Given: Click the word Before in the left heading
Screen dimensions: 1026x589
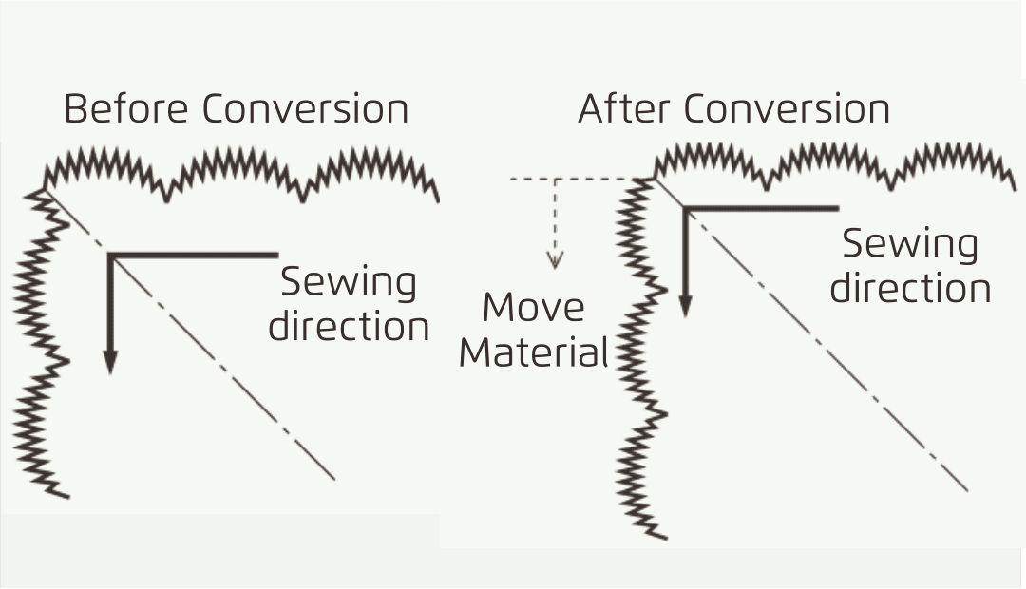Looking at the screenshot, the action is (x=125, y=108).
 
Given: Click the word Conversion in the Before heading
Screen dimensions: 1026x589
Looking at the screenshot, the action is (x=305, y=108).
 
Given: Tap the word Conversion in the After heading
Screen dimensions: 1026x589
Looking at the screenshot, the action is (x=787, y=108).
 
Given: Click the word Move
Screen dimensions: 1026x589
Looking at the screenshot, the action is (x=533, y=307).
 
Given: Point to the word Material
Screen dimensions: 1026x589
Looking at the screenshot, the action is (x=534, y=352).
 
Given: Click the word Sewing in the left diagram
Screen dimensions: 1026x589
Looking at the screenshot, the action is (x=348, y=283).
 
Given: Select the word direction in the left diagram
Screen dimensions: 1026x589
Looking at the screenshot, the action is (x=349, y=327).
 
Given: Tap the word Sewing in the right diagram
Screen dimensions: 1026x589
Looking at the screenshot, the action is (x=910, y=245).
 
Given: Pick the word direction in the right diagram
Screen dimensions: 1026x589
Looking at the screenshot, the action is (x=910, y=288).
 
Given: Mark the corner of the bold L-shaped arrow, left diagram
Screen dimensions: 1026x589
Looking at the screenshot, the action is (x=110, y=256).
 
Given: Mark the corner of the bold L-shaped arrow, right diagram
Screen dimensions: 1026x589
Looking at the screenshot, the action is (x=684, y=209).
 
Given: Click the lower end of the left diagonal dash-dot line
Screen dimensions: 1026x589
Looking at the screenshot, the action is (x=335, y=480).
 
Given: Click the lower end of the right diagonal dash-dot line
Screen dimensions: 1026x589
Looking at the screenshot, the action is (x=967, y=490).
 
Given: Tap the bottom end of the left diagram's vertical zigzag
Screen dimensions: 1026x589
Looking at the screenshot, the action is (x=68, y=498).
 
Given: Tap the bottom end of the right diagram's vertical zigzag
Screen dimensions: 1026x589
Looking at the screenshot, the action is (x=666, y=538).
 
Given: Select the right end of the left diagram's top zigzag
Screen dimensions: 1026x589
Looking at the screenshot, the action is (x=438, y=200).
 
